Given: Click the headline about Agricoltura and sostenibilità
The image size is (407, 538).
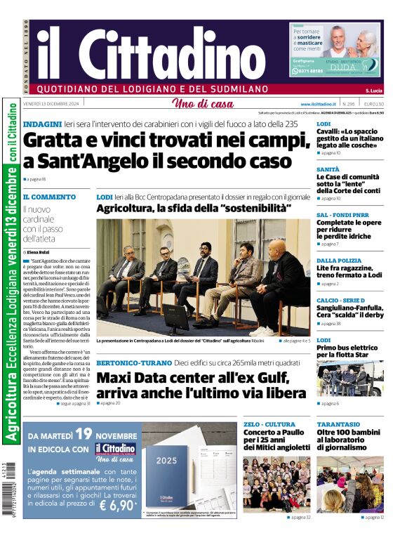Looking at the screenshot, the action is point(193,209).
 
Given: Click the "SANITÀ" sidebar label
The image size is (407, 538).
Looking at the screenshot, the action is point(328,169).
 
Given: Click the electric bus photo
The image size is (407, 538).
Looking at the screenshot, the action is point(349,379).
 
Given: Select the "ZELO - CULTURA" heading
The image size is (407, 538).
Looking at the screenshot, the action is point(269,425).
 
